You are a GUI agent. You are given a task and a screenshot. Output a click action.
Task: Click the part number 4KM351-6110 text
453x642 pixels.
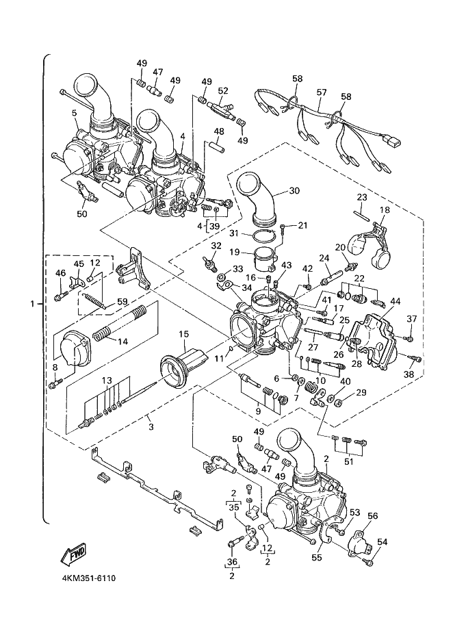point(83,579)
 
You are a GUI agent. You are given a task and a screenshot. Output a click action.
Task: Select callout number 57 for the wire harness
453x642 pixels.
point(322,91)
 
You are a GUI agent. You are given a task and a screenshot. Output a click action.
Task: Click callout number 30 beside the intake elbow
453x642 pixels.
point(294,191)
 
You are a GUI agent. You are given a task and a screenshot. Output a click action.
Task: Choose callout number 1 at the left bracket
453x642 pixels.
point(34,303)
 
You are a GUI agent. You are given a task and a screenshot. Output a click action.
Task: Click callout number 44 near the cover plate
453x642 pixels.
point(396,301)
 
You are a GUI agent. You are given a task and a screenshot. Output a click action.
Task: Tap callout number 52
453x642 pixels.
point(223,90)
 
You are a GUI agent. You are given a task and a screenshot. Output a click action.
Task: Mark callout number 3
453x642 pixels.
point(151,427)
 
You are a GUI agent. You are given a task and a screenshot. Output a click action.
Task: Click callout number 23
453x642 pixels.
point(362,197)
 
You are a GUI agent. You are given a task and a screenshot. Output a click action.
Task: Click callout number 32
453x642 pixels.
point(216,246)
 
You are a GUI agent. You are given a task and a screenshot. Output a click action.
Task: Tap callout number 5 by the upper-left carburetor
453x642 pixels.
point(73,112)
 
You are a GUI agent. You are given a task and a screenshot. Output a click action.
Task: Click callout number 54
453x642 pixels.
point(382,542)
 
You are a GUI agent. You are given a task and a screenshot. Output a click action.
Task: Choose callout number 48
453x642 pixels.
point(219,131)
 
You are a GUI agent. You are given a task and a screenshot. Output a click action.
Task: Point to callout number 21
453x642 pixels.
point(302,225)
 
